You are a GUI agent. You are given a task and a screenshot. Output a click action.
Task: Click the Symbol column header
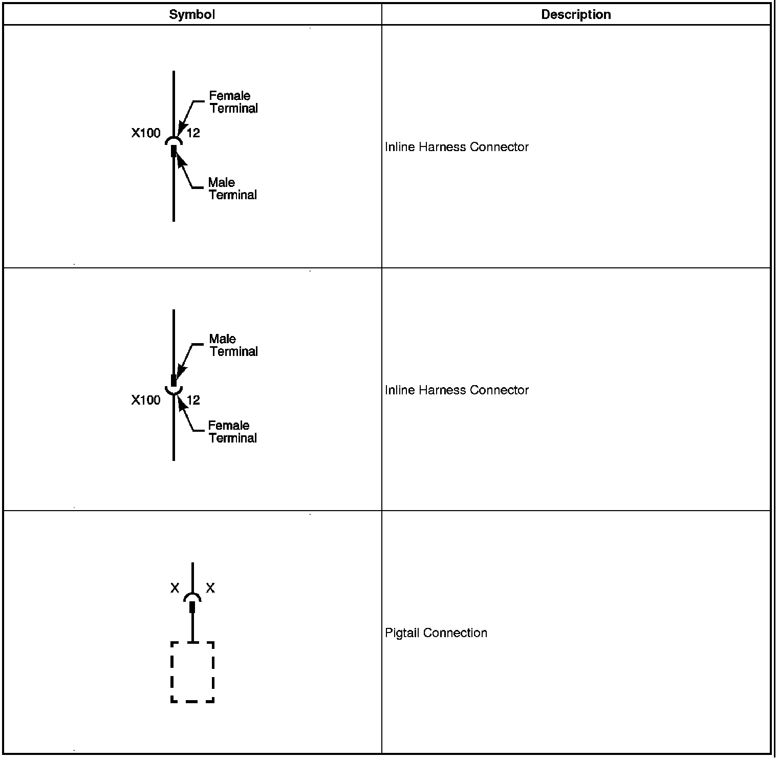tap(192, 14)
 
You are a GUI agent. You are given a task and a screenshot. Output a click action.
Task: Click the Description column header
tap(576, 14)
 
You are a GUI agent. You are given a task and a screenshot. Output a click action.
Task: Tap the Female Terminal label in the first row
tap(233, 102)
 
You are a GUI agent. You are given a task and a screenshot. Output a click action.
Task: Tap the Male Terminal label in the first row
tap(232, 188)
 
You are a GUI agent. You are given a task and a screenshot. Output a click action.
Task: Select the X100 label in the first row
tap(146, 133)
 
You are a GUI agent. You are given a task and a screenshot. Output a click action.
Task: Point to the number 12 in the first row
tap(193, 133)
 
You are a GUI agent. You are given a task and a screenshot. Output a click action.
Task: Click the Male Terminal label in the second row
tap(233, 345)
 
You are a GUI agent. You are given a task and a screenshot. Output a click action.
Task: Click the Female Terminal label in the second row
tap(232, 432)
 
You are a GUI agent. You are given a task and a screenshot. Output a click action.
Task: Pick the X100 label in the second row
tap(146, 400)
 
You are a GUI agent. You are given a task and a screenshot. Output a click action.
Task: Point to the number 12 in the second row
tap(193, 400)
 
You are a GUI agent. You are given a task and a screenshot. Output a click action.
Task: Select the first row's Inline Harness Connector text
tap(457, 147)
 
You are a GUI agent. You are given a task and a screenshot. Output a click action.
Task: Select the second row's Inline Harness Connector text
tap(457, 390)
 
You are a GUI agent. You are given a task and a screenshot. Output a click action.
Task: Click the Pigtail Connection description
tap(436, 633)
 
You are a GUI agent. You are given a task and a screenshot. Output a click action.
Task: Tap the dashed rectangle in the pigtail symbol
tap(192, 671)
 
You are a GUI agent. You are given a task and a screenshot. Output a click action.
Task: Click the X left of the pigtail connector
tap(175, 588)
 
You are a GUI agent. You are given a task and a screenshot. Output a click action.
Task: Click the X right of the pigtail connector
tap(210, 588)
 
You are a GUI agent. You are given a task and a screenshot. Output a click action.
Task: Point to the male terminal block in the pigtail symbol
tap(192, 607)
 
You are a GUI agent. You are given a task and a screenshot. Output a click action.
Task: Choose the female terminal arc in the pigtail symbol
tap(192, 596)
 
